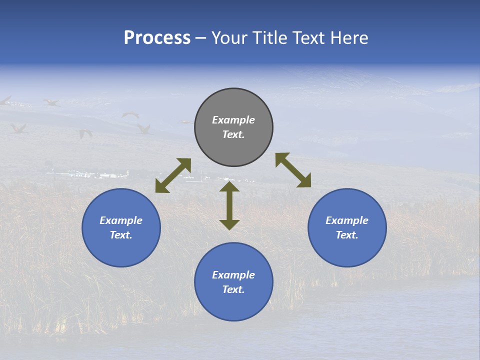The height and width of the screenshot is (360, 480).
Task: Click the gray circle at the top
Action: [x=233, y=127]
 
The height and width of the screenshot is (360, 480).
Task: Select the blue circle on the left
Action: [x=121, y=227]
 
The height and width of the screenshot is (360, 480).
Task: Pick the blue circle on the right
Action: [x=347, y=227]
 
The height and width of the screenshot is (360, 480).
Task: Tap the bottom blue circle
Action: [x=233, y=282]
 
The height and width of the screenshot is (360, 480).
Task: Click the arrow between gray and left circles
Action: [x=173, y=175]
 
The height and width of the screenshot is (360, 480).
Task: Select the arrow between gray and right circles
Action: [x=293, y=170]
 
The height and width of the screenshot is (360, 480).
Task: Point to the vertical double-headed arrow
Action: [x=229, y=205]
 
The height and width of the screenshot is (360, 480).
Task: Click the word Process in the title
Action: [x=157, y=38]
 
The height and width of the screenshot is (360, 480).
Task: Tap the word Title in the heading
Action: [x=272, y=38]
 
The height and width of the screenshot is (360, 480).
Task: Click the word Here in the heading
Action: [x=349, y=38]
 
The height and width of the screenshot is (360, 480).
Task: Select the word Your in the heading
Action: [x=230, y=38]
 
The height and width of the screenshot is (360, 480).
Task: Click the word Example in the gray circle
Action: [x=233, y=120]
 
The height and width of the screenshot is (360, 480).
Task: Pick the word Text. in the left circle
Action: [x=121, y=235]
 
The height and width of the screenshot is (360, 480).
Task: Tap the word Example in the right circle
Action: [x=347, y=220]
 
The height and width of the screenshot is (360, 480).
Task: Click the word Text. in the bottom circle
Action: [x=233, y=289]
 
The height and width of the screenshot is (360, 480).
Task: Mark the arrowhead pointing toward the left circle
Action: [x=161, y=187]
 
